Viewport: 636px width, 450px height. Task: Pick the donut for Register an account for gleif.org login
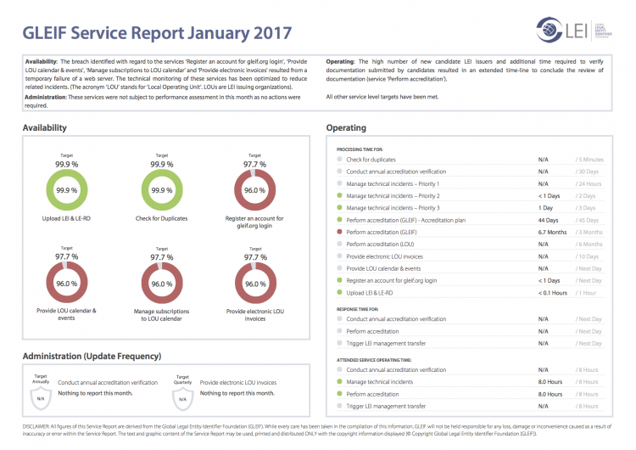click(252, 191)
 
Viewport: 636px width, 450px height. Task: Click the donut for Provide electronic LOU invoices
click(252, 284)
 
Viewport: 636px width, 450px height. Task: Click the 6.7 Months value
click(551, 232)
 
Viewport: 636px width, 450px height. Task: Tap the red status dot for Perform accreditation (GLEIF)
click(339, 232)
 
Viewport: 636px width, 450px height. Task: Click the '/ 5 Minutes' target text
click(589, 160)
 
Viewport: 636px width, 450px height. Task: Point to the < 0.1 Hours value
click(553, 292)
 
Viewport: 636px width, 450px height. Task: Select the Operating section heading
click(346, 128)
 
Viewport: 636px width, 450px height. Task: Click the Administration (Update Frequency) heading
click(92, 356)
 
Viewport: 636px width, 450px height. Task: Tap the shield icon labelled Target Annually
click(40, 395)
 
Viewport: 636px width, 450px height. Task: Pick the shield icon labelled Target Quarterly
click(182, 395)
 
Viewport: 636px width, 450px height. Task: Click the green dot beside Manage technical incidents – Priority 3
click(339, 208)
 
